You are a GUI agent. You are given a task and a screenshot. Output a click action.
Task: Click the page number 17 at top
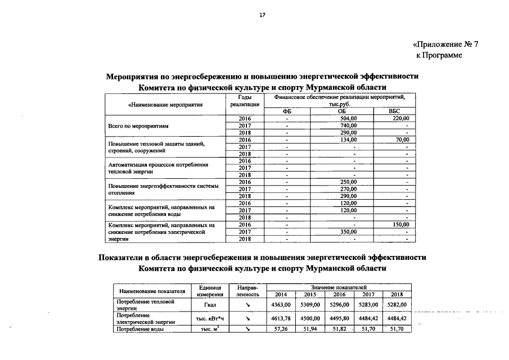click(x=262, y=15)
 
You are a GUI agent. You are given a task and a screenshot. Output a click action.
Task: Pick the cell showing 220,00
click(x=400, y=119)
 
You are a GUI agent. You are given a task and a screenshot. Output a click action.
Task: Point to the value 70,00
click(x=402, y=139)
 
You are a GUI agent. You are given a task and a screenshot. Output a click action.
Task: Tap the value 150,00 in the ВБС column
click(x=400, y=224)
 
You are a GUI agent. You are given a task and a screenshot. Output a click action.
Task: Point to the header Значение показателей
click(x=339, y=287)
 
